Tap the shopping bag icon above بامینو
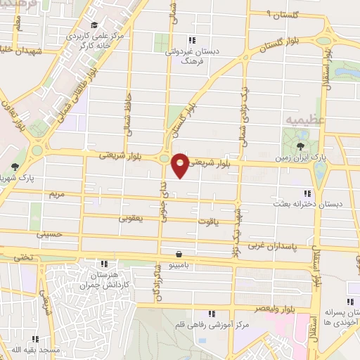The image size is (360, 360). pyautogui.click(x=180, y=254)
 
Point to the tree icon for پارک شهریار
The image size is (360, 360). pyautogui.click(x=15, y=167)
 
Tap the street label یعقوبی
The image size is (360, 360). pyautogui.click(x=131, y=219)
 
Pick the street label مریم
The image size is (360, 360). pyautogui.click(x=57, y=193)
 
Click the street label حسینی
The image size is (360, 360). pyautogui.click(x=53, y=234)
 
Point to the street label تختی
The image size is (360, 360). pyautogui.click(x=26, y=258)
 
